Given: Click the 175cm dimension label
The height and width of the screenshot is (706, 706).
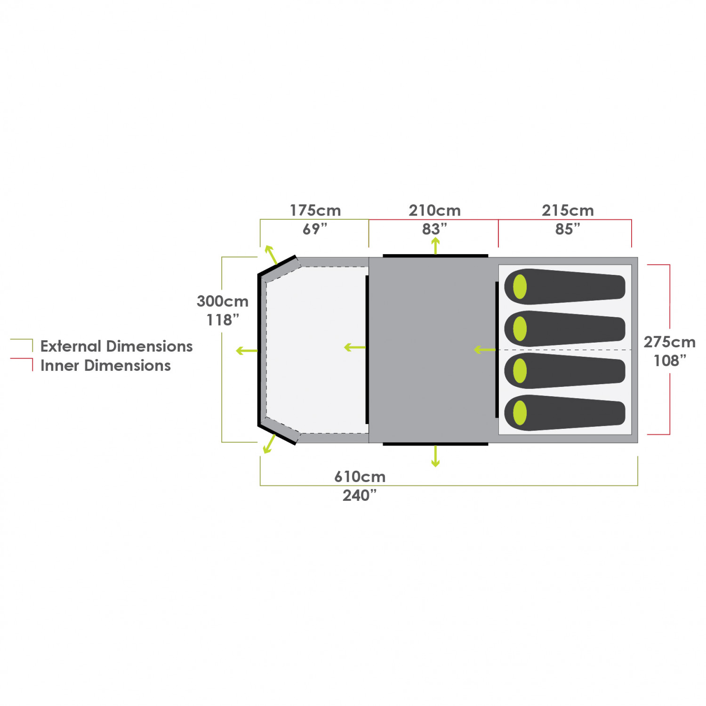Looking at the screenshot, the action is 315,210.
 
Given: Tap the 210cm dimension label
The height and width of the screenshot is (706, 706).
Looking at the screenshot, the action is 434,210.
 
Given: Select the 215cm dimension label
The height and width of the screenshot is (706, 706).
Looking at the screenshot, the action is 568,210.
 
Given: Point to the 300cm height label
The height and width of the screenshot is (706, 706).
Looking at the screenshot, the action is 222,301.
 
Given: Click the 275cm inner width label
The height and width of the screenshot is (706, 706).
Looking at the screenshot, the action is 669,342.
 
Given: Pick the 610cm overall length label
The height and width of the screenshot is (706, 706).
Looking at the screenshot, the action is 360,477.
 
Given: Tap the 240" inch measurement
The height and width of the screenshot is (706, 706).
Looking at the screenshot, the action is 360,496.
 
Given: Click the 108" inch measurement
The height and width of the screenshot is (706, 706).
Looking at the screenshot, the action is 670,361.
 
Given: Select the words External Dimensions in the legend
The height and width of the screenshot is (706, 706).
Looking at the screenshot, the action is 116,346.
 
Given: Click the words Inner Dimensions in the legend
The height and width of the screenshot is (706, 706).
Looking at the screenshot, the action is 105,366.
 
